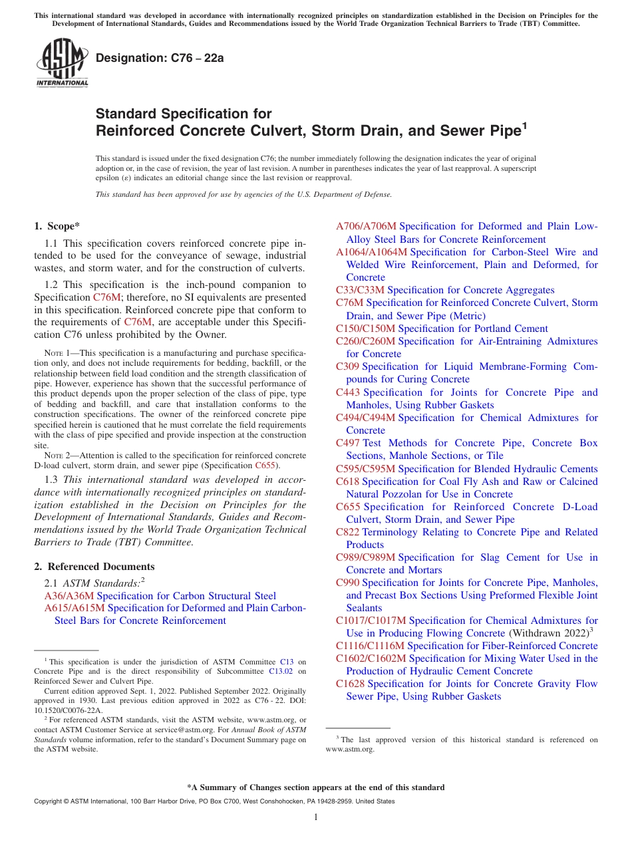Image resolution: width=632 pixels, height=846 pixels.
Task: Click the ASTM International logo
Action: coord(62,63)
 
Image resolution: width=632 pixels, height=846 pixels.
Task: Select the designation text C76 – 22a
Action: coord(160,58)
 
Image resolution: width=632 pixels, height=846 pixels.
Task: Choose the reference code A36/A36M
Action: coord(69,596)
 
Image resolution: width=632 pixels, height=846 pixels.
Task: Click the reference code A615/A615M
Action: coord(75,608)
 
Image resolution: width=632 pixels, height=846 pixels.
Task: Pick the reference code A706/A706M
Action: coord(366,226)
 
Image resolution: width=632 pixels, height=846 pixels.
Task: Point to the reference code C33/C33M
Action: coord(360,290)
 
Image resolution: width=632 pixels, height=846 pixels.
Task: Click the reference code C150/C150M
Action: coord(365,329)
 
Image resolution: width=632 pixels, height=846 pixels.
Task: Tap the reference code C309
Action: coord(347,366)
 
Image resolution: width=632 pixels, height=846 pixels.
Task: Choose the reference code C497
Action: coord(348,443)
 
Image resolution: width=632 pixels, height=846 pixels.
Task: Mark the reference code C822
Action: coord(348,532)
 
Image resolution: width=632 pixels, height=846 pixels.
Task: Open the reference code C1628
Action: coord(350,684)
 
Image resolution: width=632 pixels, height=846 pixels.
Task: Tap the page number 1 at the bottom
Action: coord(316,817)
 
